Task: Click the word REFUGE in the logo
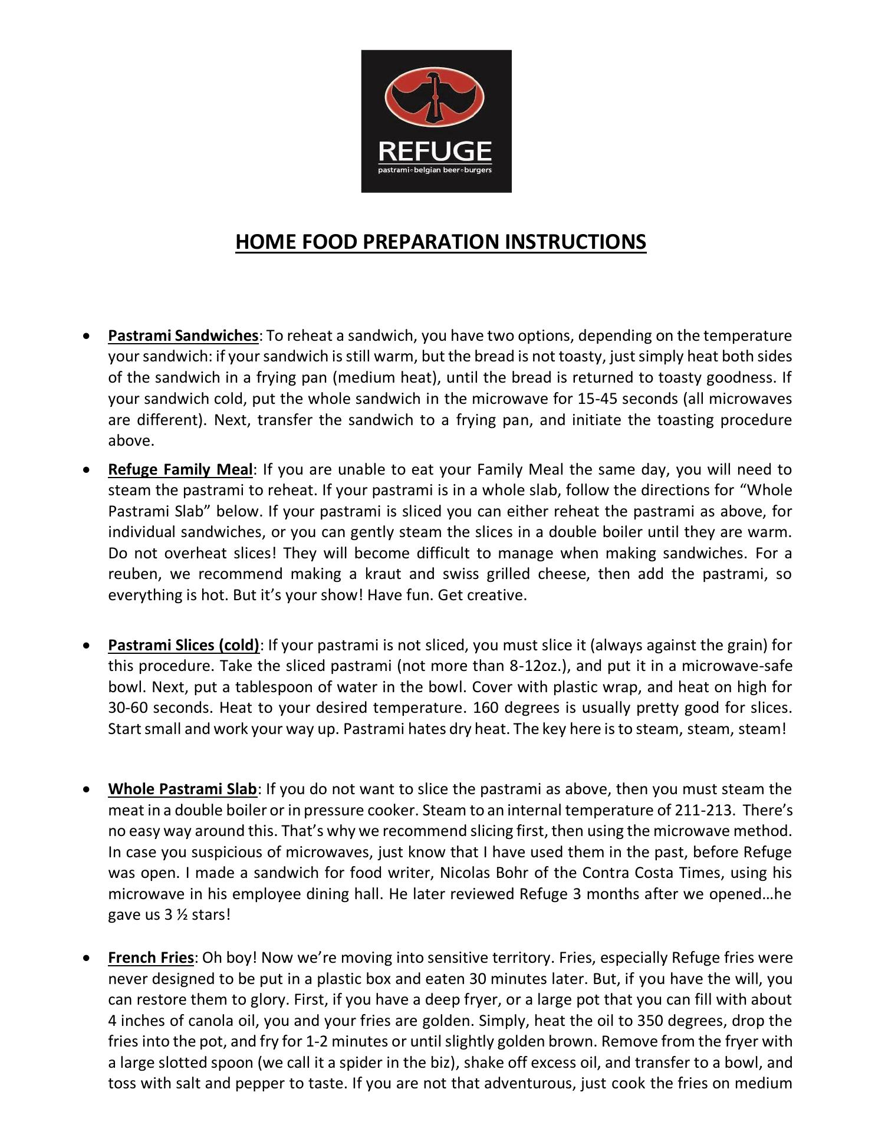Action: tap(435, 152)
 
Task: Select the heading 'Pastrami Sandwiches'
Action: tap(183, 336)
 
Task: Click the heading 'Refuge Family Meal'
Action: tap(180, 470)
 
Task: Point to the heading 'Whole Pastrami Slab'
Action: tap(182, 789)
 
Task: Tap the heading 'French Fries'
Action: tap(150, 958)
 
